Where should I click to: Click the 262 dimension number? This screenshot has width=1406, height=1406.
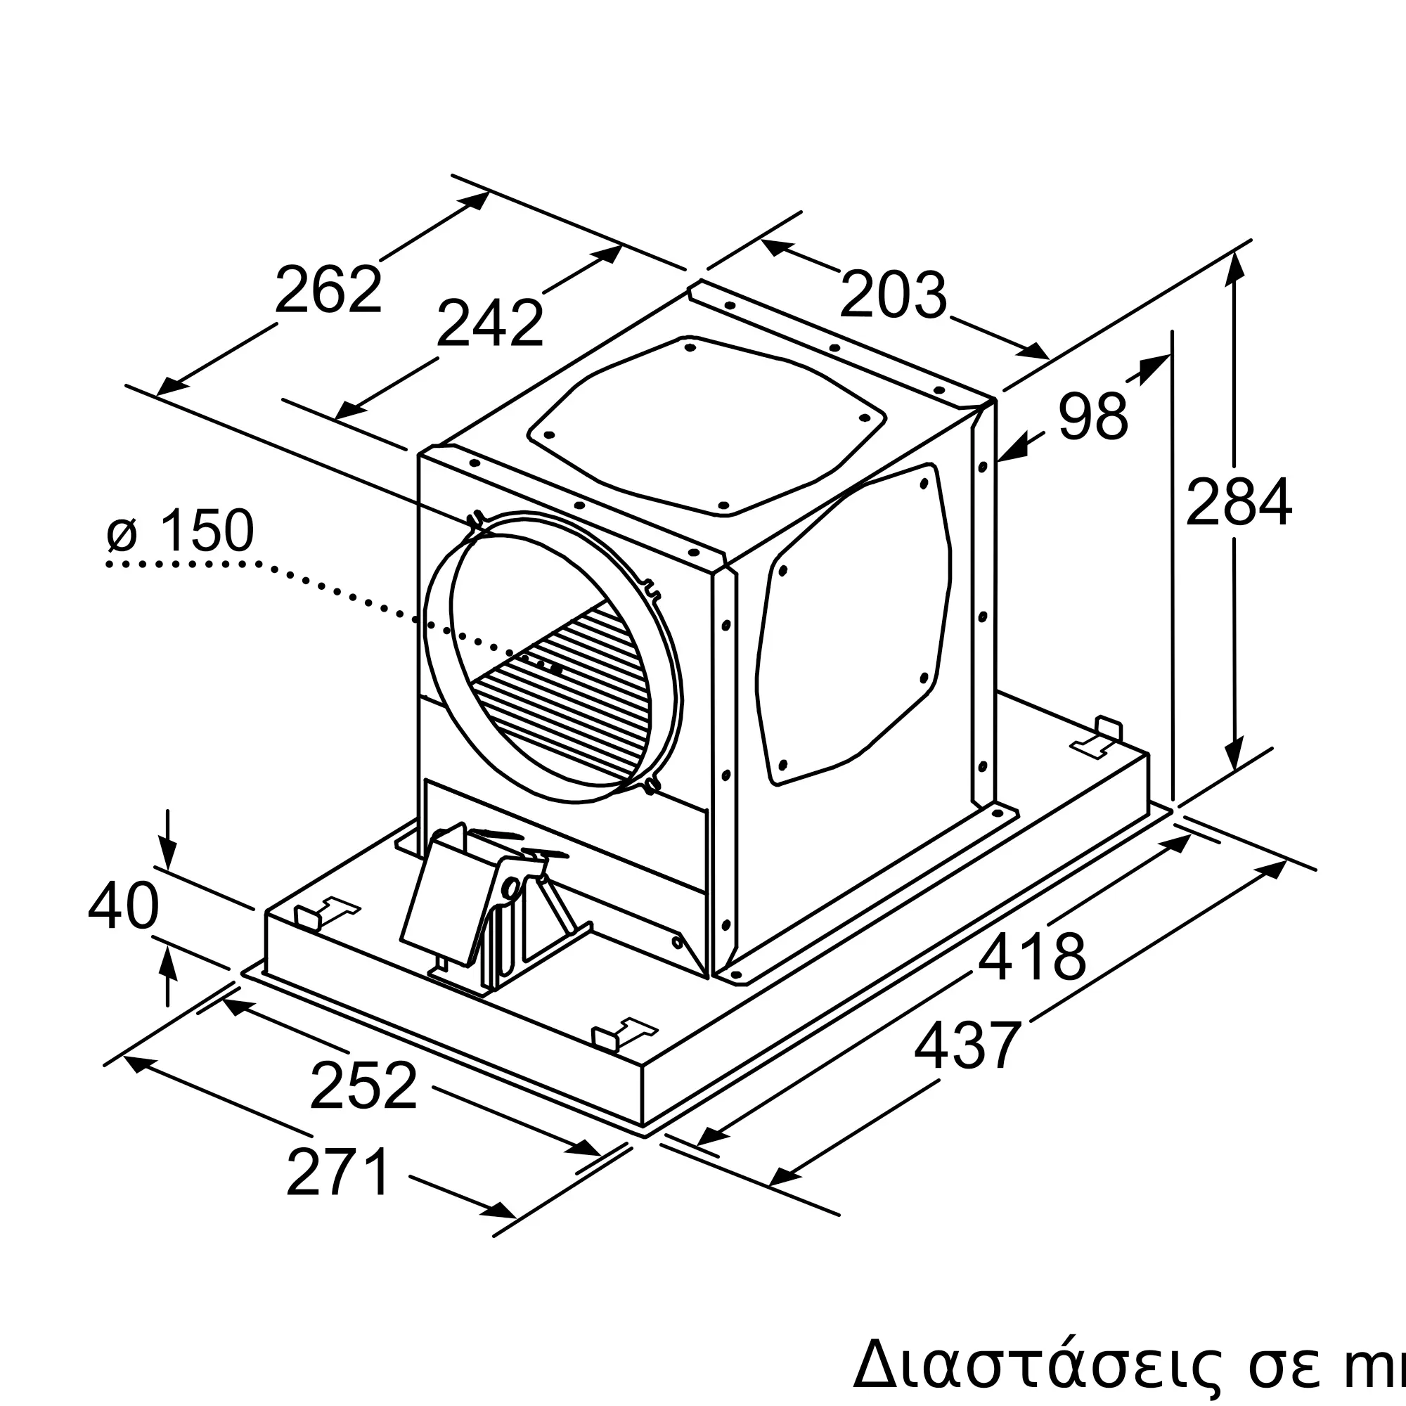click(328, 290)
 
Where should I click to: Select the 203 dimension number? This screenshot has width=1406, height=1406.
click(893, 295)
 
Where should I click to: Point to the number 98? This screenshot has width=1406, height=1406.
click(1092, 416)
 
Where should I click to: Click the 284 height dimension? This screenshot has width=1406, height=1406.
click(1239, 501)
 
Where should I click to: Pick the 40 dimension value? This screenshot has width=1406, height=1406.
click(123, 907)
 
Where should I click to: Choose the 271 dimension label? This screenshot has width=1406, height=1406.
click(338, 1173)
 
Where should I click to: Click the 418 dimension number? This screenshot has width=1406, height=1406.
click(1031, 957)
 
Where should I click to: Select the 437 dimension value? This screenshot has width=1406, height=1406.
click(968, 1045)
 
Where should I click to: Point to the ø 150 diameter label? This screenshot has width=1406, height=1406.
click(181, 531)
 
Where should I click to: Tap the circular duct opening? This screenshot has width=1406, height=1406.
click(553, 655)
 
